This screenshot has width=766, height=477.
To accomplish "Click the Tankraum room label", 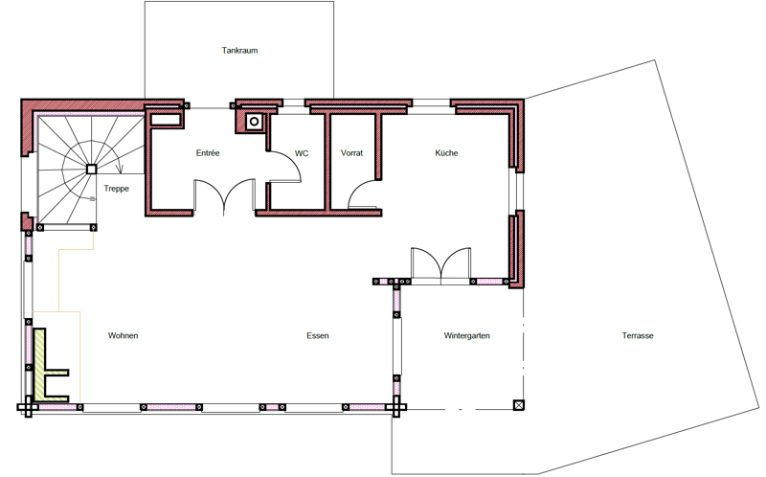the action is pyautogui.click(x=239, y=51).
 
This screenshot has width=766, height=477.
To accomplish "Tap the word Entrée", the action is pyautogui.click(x=208, y=153).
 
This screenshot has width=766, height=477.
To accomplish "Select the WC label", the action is pyautogui.click(x=302, y=153).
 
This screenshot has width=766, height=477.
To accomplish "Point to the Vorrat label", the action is pyautogui.click(x=351, y=153).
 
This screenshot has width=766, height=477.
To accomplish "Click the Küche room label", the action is pyautogui.click(x=446, y=153).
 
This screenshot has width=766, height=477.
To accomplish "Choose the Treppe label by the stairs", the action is pyautogui.click(x=116, y=189).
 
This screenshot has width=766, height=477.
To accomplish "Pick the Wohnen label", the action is pyautogui.click(x=124, y=336).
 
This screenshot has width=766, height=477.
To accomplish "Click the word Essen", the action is pyautogui.click(x=318, y=336).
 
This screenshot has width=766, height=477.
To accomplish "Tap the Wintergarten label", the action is pyautogui.click(x=466, y=336).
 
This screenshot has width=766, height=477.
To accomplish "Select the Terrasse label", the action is pyautogui.click(x=638, y=336).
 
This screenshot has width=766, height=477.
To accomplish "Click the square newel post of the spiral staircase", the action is pyautogui.click(x=91, y=170).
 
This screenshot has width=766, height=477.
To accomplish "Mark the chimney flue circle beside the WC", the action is pyautogui.click(x=254, y=122).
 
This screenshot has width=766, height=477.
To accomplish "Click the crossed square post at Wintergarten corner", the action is pyautogui.click(x=519, y=405).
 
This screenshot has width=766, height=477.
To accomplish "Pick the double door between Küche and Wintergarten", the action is pyautogui.click(x=441, y=264).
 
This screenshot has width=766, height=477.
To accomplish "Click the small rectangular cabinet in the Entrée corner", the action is pyautogui.click(x=165, y=120).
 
